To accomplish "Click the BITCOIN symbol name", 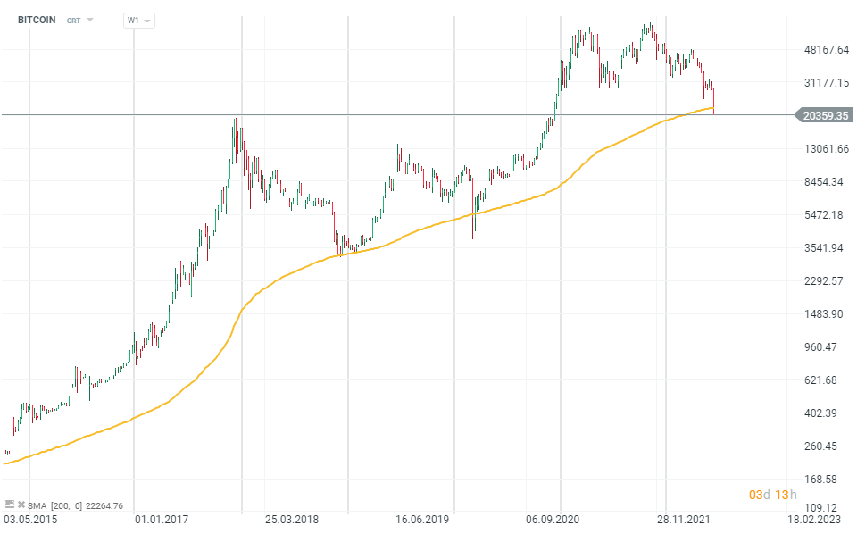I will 37,20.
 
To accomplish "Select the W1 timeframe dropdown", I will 137,20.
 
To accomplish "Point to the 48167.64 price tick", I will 826,50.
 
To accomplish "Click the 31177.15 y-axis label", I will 826,83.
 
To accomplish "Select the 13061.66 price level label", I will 826,149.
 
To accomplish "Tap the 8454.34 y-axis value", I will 824,182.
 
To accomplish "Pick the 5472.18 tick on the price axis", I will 824,215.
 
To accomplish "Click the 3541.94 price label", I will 824,248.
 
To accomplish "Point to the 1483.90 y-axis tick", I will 824,314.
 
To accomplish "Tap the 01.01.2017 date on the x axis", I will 161,518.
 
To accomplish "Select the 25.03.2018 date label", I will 292,518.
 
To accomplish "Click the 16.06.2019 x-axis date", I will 422,518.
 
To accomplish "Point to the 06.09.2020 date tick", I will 553,518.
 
